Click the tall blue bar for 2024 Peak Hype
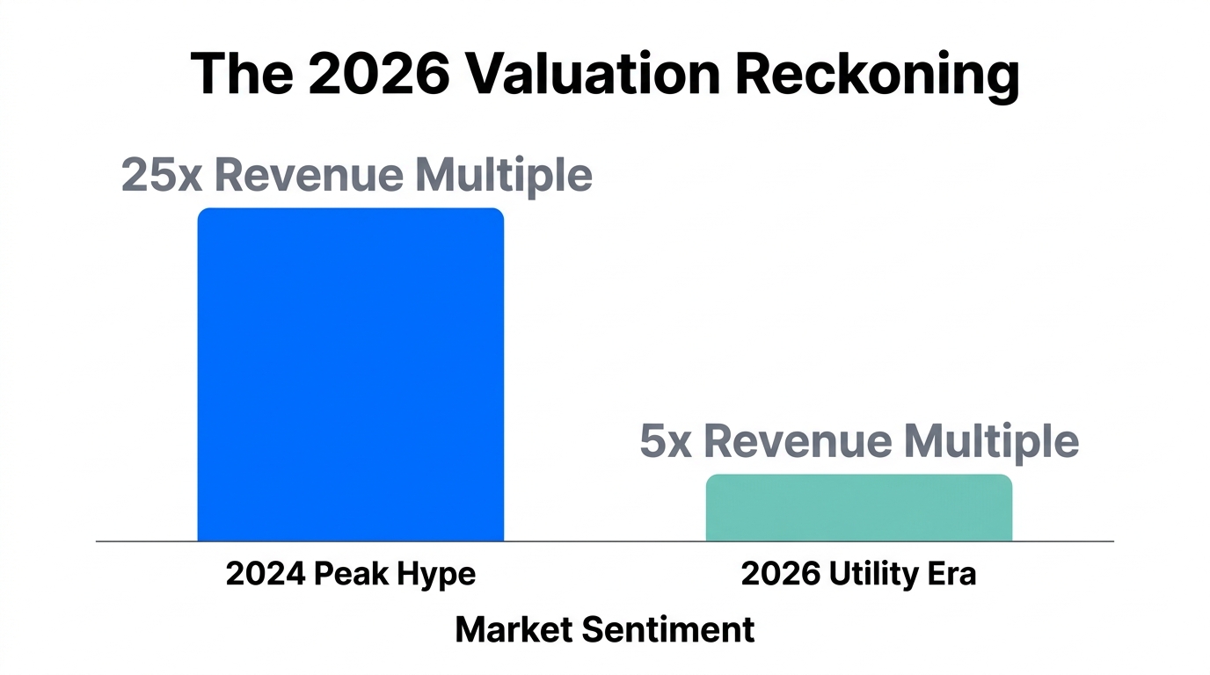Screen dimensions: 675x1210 (350, 374)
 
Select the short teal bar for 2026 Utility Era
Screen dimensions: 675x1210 (858, 508)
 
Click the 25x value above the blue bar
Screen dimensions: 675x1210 (162, 175)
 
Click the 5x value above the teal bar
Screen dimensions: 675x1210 (666, 441)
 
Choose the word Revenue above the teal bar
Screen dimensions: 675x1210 (798, 441)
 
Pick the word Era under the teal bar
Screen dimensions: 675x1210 (950, 574)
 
